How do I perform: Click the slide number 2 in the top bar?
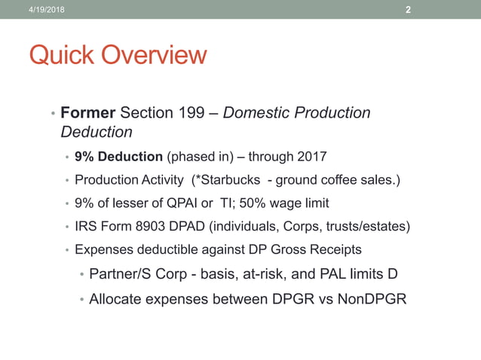click(408, 10)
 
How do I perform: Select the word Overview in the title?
click(154, 55)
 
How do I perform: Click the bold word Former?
click(87, 113)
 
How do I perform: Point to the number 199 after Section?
click(188, 113)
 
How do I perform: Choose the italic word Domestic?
click(256, 113)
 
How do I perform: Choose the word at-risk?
click(258, 273)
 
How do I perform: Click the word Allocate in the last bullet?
click(117, 299)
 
